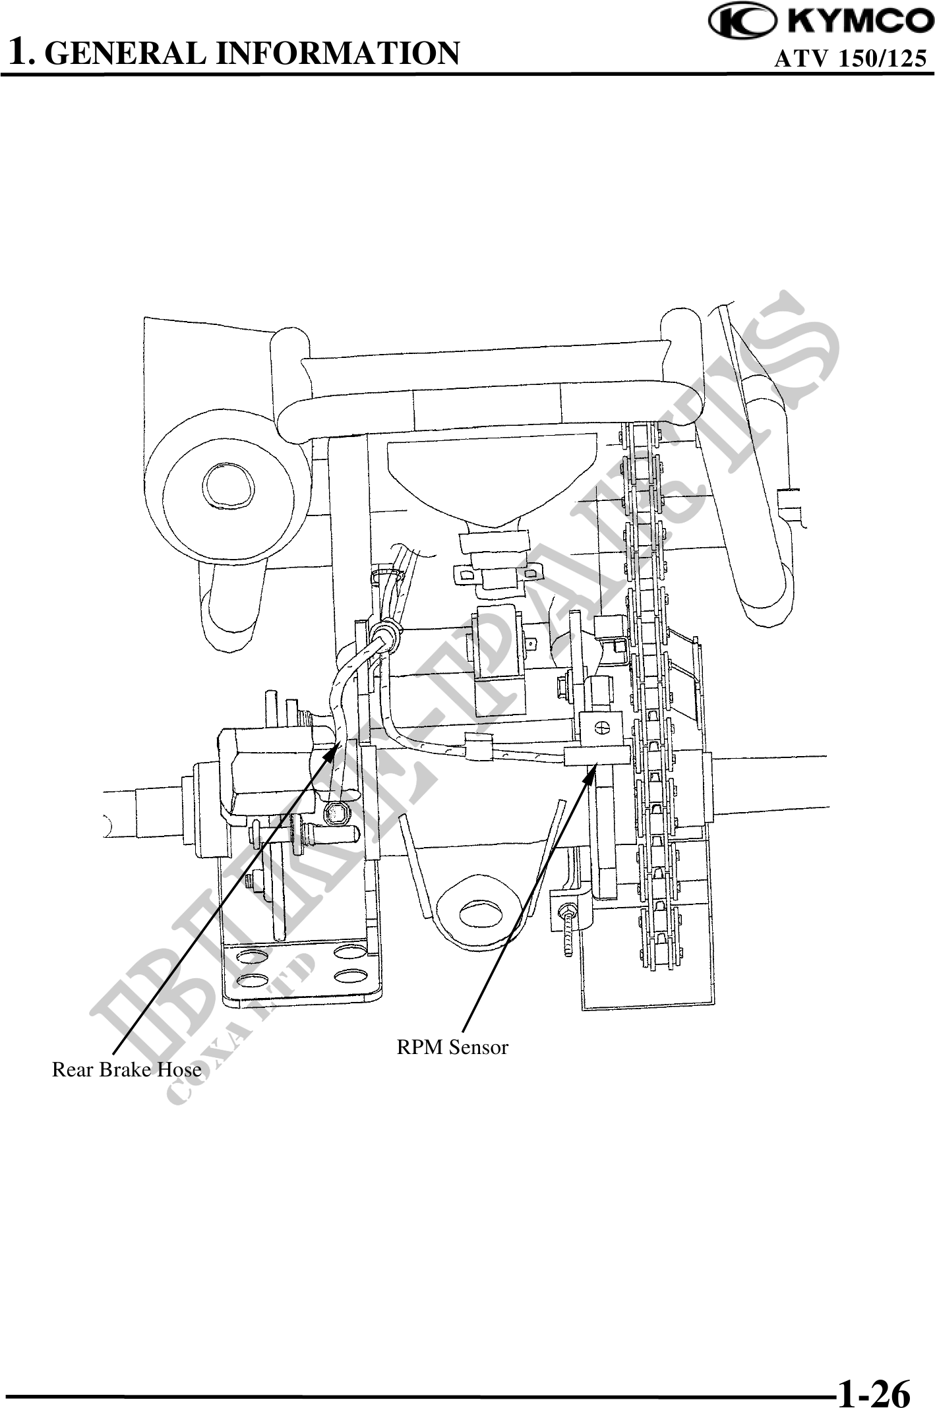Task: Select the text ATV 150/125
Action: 850,59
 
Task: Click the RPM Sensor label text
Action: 452,1047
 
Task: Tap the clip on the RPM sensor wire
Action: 478,748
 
